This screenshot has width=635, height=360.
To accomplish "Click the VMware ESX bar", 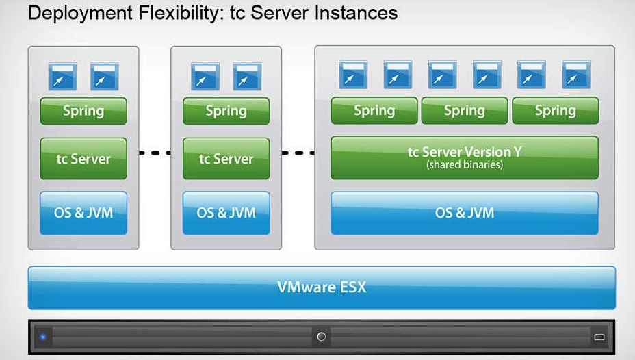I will click(322, 287).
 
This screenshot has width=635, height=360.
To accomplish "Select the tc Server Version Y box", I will click(464, 157).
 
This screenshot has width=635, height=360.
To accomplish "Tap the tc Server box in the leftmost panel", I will click(83, 159).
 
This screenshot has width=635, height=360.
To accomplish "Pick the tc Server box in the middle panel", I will click(226, 159).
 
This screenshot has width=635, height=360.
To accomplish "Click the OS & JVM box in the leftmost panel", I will click(83, 212).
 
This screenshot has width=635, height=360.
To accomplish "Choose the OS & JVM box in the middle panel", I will click(226, 212).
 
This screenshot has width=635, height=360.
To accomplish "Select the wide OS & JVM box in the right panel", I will click(464, 212).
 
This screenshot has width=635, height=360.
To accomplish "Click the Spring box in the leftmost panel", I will click(83, 111).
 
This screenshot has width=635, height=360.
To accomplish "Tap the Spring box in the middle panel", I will click(226, 111).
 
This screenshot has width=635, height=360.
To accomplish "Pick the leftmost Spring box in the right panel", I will click(374, 111).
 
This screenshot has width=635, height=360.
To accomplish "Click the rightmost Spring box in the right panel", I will click(555, 111).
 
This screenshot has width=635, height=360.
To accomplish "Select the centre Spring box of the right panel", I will click(464, 111).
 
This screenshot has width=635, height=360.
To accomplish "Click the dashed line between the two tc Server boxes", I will click(155, 153).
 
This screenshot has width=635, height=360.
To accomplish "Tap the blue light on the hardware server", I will click(42, 337).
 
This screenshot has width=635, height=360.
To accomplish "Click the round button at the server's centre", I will click(321, 337).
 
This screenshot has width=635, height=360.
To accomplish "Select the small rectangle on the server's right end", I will click(599, 337).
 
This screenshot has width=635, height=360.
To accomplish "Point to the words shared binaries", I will click(464, 165).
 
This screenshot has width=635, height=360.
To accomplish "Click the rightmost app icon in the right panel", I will click(575, 75).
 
